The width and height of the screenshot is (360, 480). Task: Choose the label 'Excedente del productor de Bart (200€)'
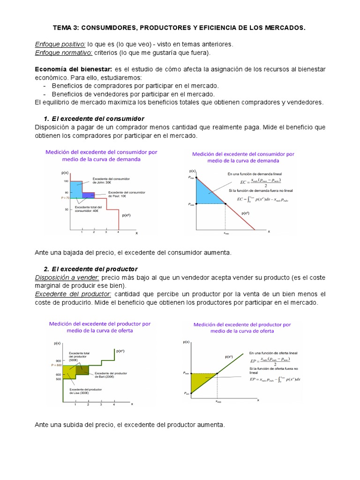click(x=111, y=375)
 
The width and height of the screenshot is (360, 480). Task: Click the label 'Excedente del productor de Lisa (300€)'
click(x=84, y=392)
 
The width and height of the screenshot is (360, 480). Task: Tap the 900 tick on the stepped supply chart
click(x=58, y=360)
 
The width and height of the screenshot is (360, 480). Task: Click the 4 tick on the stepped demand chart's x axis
click(x=118, y=232)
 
